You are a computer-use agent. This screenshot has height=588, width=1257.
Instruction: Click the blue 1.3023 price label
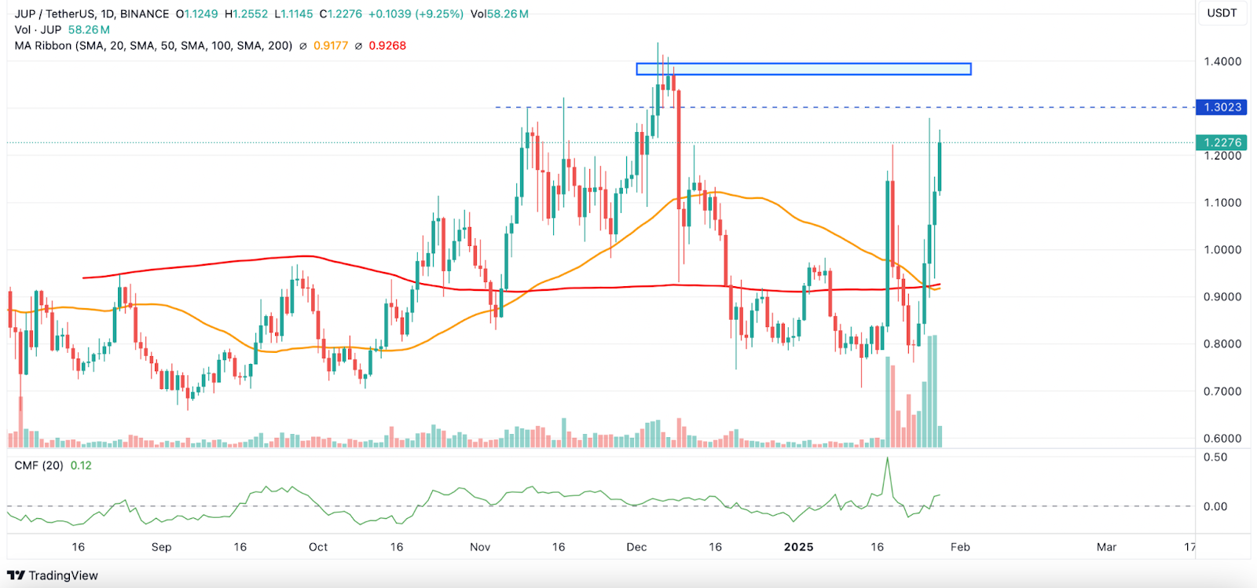(x=1222, y=107)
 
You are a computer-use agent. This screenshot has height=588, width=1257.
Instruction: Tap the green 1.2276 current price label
(x=1222, y=142)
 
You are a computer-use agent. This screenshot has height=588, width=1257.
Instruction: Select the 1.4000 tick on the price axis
(x=1222, y=61)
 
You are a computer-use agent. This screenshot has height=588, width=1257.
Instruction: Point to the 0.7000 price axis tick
(x=1222, y=391)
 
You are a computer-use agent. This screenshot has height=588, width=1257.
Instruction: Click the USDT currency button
(x=1222, y=13)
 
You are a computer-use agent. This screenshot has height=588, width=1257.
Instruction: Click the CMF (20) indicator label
(x=39, y=465)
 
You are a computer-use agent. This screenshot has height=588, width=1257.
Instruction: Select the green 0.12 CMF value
(x=81, y=465)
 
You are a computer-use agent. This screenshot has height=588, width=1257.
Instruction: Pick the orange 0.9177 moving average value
(x=331, y=46)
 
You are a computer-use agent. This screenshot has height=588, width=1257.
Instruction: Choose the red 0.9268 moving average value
(x=387, y=46)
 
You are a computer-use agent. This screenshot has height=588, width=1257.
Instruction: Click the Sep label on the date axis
(x=161, y=547)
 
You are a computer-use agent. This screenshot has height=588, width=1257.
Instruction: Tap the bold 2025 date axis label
(x=798, y=547)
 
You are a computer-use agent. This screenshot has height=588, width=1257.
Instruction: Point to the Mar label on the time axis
(x=1106, y=547)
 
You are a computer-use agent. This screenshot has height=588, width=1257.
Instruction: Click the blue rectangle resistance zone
(x=804, y=69)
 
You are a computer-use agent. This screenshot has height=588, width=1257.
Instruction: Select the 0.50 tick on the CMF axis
(x=1215, y=458)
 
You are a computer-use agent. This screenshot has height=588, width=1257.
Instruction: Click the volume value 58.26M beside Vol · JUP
(x=89, y=30)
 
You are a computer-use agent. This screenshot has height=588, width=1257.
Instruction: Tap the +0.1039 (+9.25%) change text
(x=417, y=14)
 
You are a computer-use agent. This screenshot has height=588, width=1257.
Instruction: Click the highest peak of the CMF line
(x=888, y=458)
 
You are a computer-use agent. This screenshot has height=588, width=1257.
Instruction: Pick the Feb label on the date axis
(x=960, y=547)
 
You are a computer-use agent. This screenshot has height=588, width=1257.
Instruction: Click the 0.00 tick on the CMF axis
(x=1215, y=506)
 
